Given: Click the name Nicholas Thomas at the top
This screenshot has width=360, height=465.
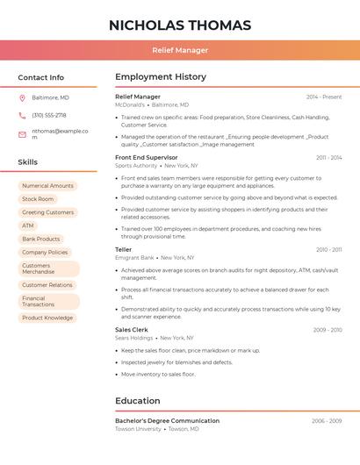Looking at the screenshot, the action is (x=180, y=25).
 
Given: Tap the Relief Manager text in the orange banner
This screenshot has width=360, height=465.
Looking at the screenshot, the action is (x=180, y=50).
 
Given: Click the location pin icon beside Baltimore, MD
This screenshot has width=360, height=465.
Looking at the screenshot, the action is (x=22, y=97).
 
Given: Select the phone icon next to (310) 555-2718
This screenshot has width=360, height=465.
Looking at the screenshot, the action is (x=22, y=115).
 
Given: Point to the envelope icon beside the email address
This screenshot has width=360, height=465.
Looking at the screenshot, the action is (x=22, y=132).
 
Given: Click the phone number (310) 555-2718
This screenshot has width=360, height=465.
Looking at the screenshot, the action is (x=49, y=115).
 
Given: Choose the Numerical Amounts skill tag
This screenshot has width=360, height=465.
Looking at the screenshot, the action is (x=47, y=186).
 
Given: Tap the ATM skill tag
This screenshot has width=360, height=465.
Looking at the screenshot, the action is (x=28, y=225).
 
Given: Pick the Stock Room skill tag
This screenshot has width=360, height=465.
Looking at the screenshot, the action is (x=38, y=199).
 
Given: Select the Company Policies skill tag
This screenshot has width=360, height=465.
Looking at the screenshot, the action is (x=45, y=252).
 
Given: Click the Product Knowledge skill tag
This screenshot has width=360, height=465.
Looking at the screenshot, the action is (x=47, y=318).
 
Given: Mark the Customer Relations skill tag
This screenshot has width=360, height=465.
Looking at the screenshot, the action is (x=47, y=285).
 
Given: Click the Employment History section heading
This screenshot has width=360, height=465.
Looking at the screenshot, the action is (x=161, y=77).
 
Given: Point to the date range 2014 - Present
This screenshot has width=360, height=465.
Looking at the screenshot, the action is (x=324, y=97).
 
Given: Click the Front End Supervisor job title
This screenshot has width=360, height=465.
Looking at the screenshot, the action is (x=147, y=157).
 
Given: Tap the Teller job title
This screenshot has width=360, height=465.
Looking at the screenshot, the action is (x=124, y=249).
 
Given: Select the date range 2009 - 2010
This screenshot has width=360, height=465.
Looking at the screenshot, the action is (x=328, y=330).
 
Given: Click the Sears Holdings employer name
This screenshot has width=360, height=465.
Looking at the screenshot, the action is (x=134, y=338).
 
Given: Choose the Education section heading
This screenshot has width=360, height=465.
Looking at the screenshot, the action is (x=138, y=401).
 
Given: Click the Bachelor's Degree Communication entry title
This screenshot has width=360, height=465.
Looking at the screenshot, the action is (x=167, y=421).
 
